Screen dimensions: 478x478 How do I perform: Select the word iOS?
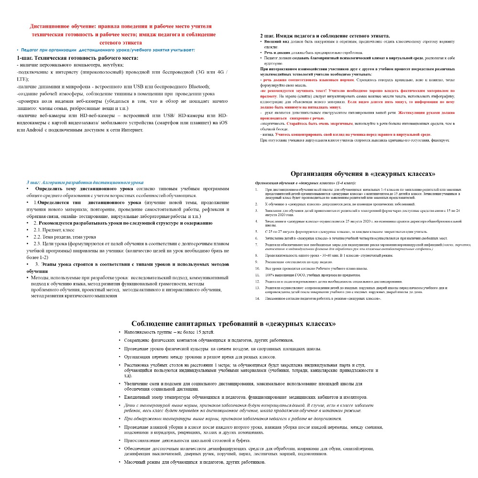click(223, 123)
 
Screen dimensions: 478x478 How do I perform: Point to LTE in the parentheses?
click(22, 79)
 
